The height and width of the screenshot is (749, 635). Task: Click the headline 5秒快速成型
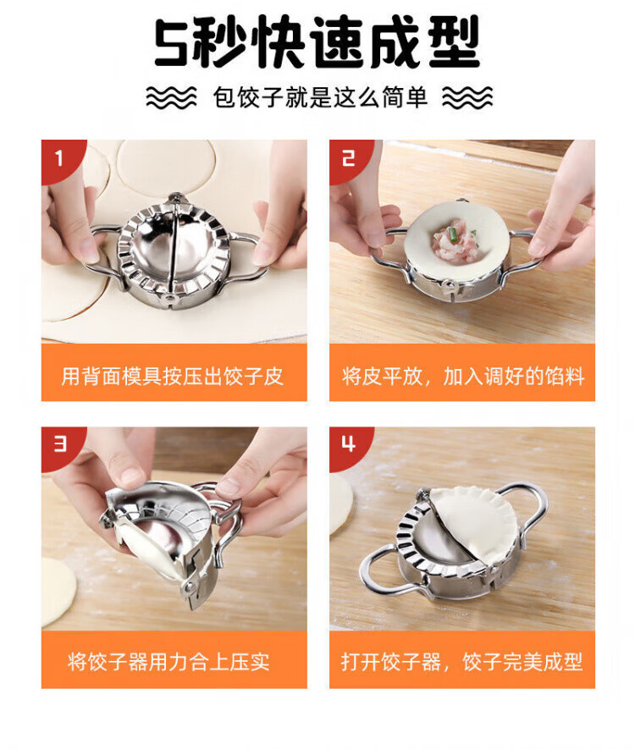point(317,42)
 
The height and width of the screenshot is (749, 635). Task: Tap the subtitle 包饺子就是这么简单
point(320,97)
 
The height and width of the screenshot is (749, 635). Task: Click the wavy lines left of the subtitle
point(171,97)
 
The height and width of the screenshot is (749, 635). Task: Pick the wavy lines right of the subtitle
point(467,97)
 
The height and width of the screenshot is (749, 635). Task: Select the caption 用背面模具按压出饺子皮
point(173,377)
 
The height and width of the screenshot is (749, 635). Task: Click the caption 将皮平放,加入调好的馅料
point(463,377)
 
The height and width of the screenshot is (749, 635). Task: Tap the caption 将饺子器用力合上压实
point(168,662)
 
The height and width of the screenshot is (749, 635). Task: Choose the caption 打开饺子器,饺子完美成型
point(461,662)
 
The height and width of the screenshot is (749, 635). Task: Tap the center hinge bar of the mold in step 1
point(173,248)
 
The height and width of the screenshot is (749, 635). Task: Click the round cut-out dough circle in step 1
point(166,168)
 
